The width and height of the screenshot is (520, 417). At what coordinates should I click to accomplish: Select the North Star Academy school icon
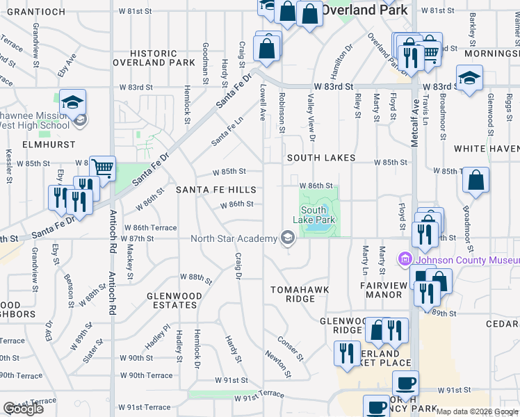click(286, 239)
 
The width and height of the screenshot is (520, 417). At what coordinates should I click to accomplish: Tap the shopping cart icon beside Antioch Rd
click(102, 167)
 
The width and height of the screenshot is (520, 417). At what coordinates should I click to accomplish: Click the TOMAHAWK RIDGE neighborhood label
click(300, 294)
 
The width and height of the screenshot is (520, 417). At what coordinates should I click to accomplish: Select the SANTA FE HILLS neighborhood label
click(216, 190)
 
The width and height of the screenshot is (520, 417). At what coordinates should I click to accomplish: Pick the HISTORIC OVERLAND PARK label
click(154, 58)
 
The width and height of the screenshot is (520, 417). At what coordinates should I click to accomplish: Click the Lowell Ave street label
click(263, 101)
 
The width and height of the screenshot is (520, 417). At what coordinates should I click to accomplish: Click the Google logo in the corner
click(23, 409)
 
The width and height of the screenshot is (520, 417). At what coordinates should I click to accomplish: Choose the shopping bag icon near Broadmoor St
click(476, 180)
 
